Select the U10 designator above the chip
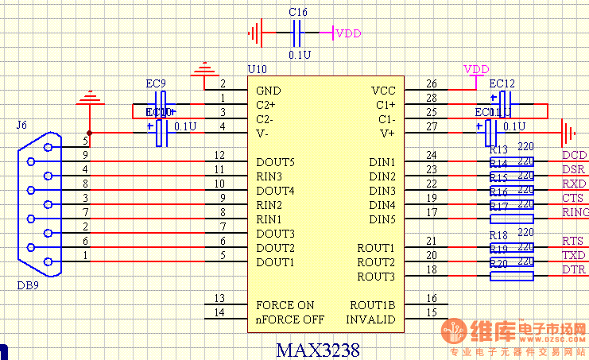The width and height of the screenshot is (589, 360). [x=258, y=71]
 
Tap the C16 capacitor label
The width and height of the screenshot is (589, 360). [x=298, y=13]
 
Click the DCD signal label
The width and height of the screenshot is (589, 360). [x=573, y=156]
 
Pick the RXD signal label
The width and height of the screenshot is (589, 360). [x=573, y=184]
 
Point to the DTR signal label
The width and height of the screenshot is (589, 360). [x=573, y=270]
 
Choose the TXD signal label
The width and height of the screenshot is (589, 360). [x=573, y=256]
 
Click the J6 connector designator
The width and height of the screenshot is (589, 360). [x=21, y=125]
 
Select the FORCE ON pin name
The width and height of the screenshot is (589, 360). [x=285, y=305]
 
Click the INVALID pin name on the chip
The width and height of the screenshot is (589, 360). [x=370, y=319]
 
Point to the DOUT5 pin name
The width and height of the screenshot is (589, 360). [x=275, y=162]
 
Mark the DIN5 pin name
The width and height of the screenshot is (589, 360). [x=382, y=219]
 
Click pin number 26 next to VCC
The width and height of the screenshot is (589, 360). [x=432, y=83]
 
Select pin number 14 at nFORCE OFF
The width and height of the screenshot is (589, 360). [x=220, y=313]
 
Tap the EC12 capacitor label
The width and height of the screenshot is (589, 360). [x=502, y=83]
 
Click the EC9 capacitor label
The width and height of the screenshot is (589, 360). [x=156, y=83]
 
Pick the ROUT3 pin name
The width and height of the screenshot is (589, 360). [x=375, y=277]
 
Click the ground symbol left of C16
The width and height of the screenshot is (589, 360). [x=254, y=33]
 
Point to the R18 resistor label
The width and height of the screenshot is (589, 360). [x=498, y=235]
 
